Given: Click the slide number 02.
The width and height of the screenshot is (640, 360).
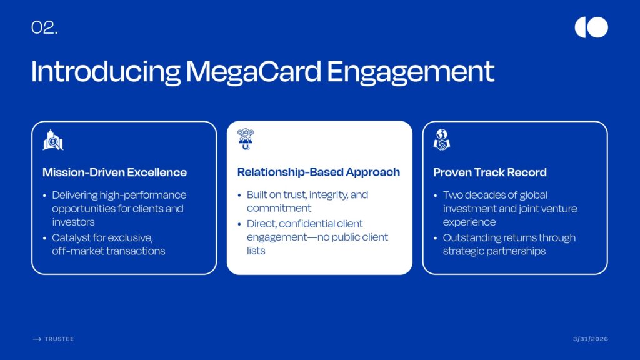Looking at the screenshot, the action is (44, 27).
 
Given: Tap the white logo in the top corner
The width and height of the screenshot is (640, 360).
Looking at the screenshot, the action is (591, 27).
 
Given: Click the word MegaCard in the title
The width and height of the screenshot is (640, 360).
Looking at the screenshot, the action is (253, 71).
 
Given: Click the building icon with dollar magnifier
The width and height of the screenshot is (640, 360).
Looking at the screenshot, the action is (53, 140).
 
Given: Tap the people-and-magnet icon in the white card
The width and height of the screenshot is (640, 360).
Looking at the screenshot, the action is (246, 139).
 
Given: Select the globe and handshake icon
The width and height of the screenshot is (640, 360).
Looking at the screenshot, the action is (442, 139).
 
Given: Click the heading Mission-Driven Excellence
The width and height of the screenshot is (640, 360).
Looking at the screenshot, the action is (115, 172).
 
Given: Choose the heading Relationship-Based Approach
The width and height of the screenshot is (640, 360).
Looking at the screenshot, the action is (318, 172).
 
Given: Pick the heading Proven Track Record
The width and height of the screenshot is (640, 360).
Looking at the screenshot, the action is (490, 172).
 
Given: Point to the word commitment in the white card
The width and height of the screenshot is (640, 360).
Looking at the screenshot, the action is (279, 208).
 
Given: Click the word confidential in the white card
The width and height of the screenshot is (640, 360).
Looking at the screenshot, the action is (306, 224).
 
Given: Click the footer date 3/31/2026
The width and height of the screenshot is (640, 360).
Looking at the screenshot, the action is (591, 339).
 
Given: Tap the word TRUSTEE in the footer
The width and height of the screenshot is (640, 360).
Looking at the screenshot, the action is (59, 339).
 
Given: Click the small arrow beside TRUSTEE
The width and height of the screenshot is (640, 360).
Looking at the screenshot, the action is (37, 339).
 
